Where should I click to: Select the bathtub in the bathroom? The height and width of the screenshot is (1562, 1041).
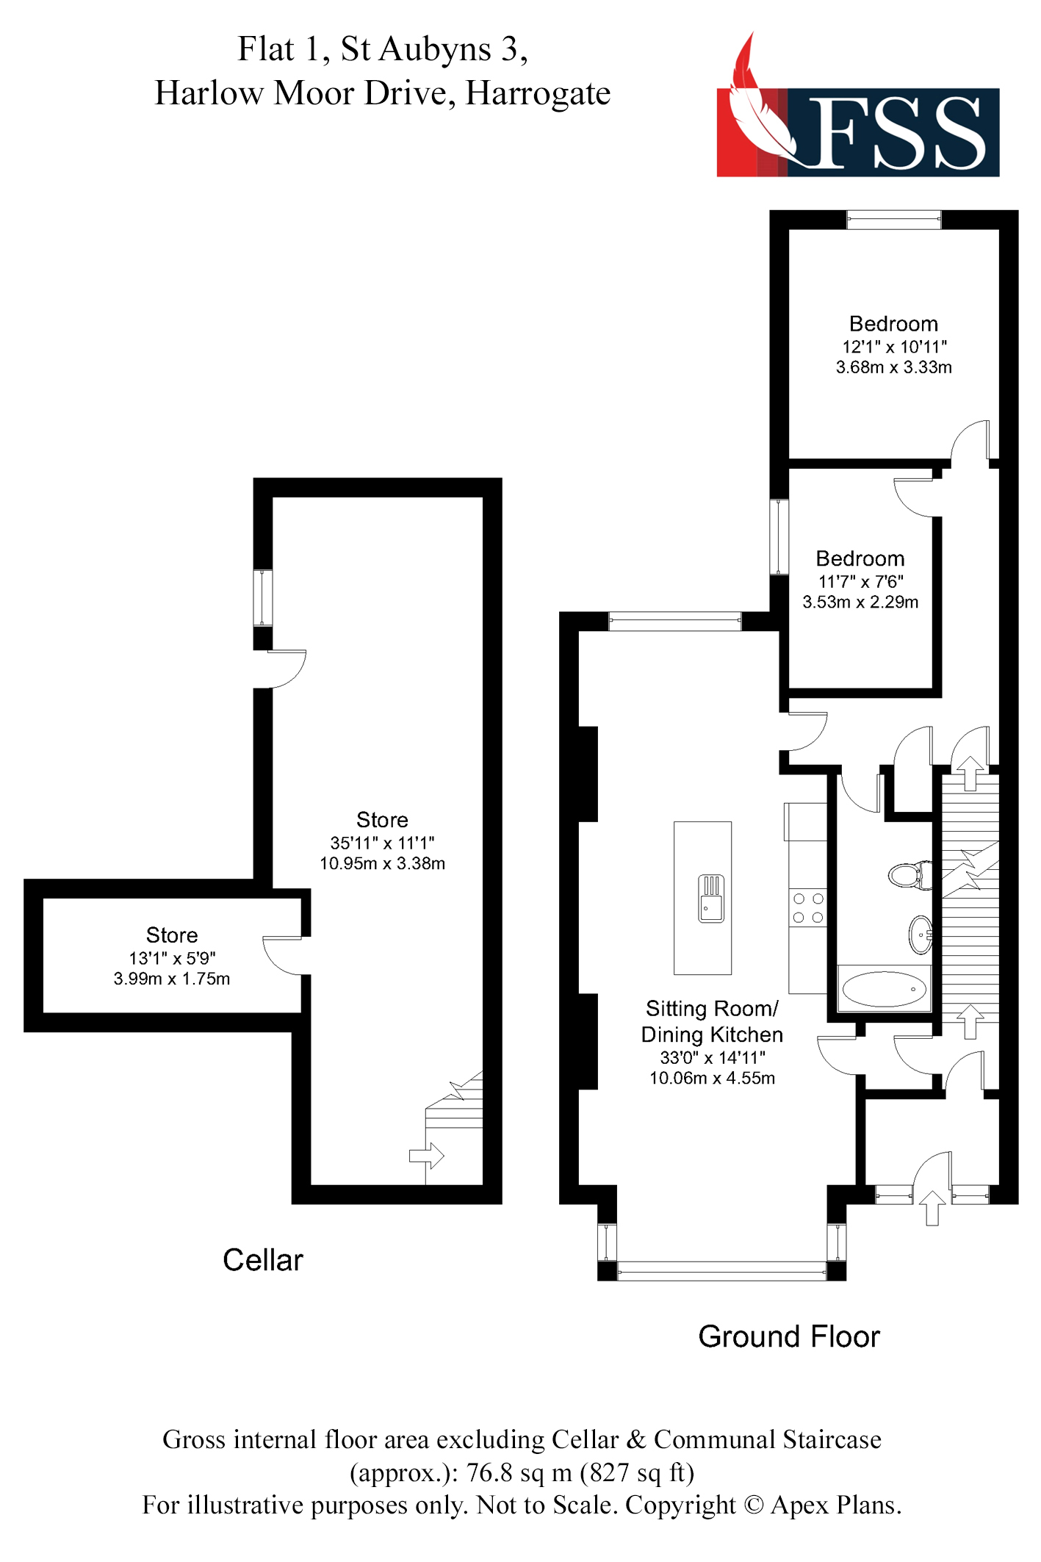point(884,989)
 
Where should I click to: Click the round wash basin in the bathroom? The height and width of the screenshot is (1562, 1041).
point(920,935)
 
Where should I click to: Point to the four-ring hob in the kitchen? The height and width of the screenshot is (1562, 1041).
point(808,908)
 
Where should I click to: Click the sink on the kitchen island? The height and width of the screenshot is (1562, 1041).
point(710,898)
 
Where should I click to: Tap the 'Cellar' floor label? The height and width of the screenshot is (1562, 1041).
point(262,1260)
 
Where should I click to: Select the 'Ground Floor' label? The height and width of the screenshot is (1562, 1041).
point(788,1336)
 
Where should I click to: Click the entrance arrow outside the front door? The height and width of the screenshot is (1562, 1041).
point(932,1208)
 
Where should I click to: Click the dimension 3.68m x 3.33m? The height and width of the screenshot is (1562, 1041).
point(893,367)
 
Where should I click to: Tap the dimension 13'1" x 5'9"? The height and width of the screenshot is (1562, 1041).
point(172,958)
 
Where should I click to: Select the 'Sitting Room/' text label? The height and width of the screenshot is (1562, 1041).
point(711,1008)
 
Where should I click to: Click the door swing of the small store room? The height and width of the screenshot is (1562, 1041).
point(282,956)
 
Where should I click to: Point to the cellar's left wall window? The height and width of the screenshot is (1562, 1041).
point(263,598)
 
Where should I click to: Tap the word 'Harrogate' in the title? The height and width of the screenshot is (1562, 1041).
point(538,93)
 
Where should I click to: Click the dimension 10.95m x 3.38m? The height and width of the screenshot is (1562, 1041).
point(382,863)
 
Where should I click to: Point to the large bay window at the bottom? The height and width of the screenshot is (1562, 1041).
point(721,1271)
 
